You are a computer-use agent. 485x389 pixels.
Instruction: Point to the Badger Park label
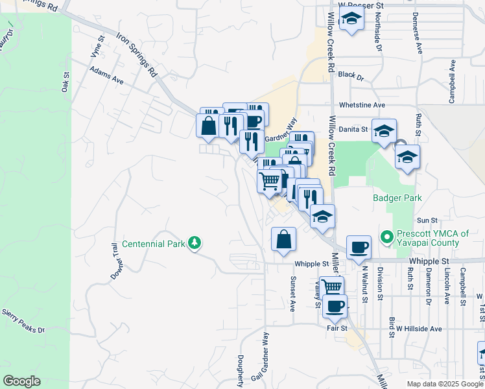point(397,198)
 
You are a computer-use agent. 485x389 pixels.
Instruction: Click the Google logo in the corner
point(22,381)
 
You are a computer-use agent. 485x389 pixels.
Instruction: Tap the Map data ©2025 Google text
point(445,384)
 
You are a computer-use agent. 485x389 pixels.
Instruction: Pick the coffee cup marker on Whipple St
point(359,248)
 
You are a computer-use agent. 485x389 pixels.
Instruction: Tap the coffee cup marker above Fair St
point(335,307)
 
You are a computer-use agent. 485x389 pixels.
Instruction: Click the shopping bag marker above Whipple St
point(283,239)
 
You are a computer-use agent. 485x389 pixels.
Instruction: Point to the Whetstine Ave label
point(362,105)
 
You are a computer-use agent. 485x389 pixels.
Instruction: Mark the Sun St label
point(425,220)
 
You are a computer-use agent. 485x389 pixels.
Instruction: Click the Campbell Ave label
point(452,82)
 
